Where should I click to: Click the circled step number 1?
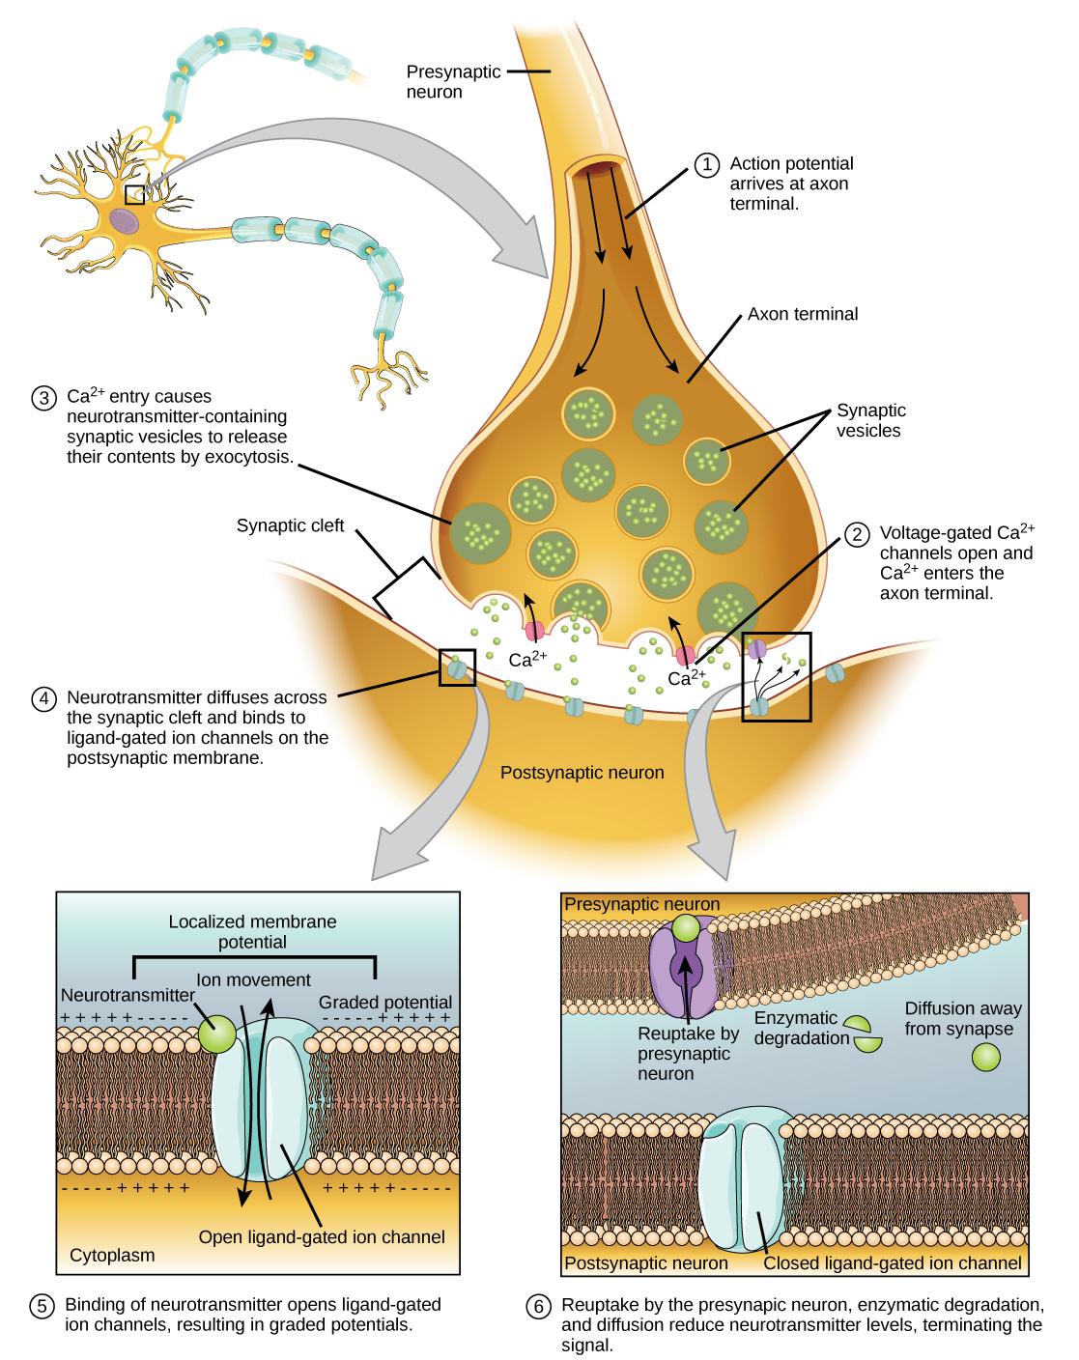[705, 165]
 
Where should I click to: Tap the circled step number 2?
[855, 534]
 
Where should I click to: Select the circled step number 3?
[43, 398]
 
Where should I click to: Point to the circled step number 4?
[43, 698]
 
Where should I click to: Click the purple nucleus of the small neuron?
[123, 220]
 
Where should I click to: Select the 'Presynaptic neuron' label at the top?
[446, 82]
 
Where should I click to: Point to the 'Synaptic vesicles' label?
[867, 420]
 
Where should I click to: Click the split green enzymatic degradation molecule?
[863, 1034]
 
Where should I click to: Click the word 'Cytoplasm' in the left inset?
[112, 1256]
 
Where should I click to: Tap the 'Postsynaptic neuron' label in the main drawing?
[582, 773]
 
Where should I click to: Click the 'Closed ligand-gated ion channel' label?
[892, 1262]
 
